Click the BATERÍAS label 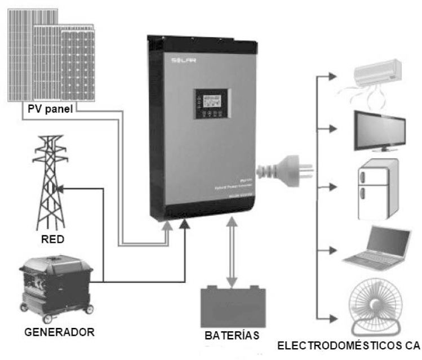[x=232, y=335]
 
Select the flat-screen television [x=379, y=131]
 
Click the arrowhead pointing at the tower [x=60, y=188]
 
